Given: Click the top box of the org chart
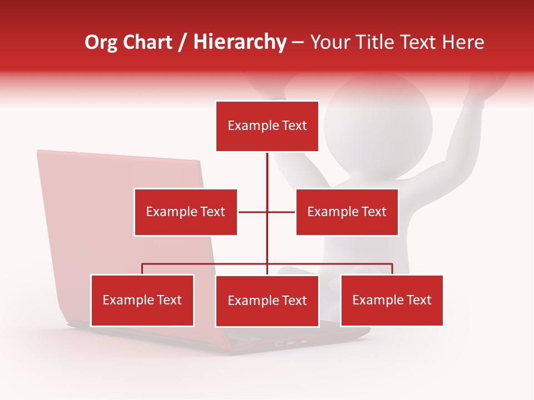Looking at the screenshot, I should point(267,126).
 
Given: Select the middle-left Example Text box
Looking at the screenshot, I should point(185,212).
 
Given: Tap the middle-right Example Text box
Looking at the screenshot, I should point(347,212).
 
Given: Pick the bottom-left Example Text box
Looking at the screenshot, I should point(142,300).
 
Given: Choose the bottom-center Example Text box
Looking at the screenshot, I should point(267,301).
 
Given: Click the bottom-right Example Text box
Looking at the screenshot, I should point(392,300).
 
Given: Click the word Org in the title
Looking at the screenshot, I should point(101,42).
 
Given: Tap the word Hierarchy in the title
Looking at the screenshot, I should point(240,43).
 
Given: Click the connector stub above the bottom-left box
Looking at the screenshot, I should point(142,269).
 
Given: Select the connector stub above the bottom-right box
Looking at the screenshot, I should point(392,269).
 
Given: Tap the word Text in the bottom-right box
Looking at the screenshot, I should point(419,300).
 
